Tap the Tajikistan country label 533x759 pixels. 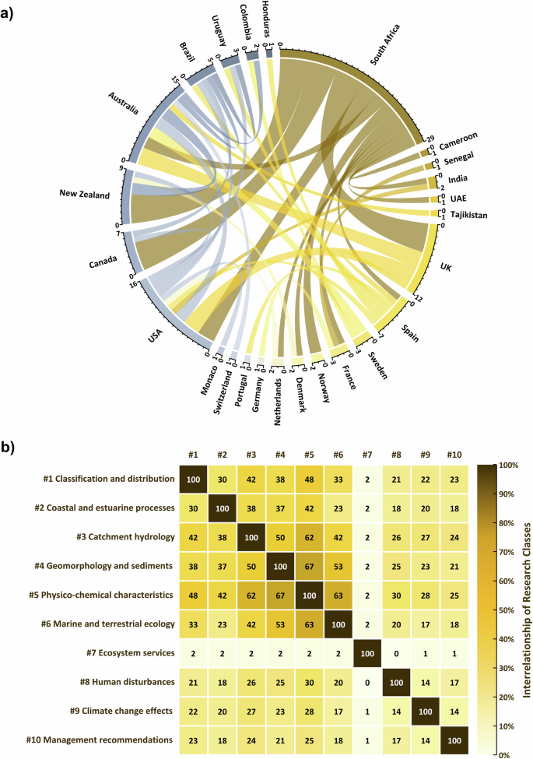(x=465, y=215)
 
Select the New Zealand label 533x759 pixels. (x=85, y=194)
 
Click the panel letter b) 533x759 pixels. (x=13, y=448)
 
